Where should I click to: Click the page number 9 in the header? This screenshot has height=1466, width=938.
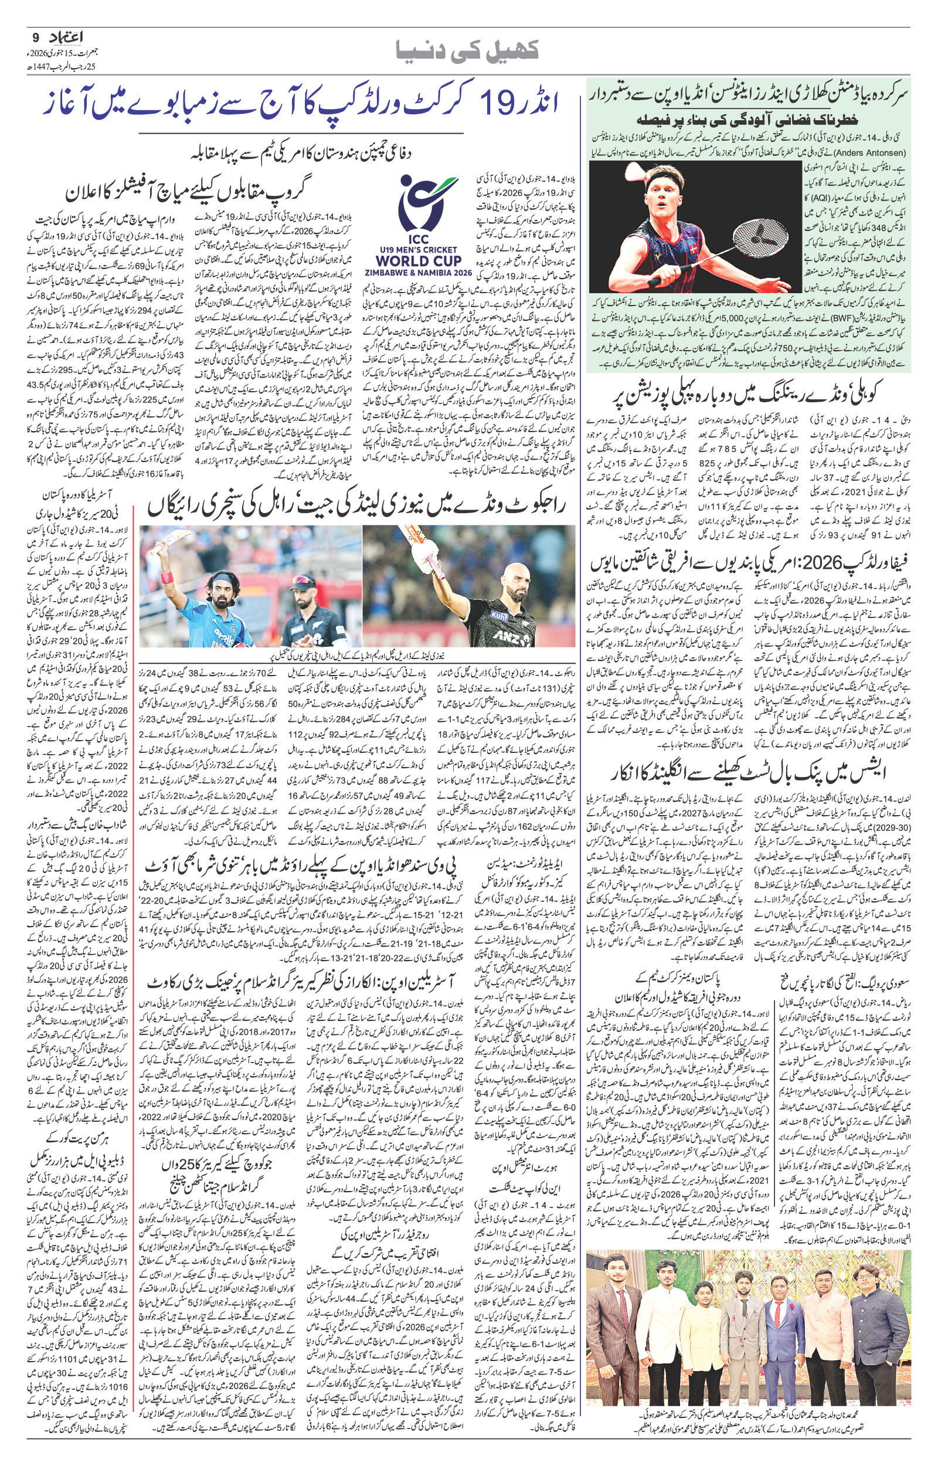click(35, 38)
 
